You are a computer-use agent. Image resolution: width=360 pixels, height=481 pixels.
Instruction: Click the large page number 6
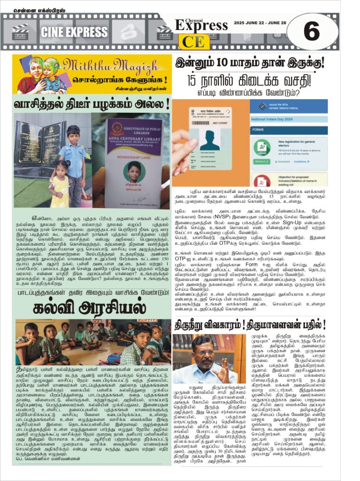tap(311, 31)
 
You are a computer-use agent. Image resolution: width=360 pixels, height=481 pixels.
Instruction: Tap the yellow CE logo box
tap(194, 42)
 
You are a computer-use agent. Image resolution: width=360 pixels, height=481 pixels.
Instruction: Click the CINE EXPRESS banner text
tap(74, 32)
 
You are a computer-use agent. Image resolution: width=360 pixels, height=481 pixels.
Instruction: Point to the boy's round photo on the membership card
tap(134, 171)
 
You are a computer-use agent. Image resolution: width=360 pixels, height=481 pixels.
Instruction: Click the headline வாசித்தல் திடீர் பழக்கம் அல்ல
tap(92, 103)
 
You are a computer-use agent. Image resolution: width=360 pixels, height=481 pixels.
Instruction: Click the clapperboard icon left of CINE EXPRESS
tap(20, 31)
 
